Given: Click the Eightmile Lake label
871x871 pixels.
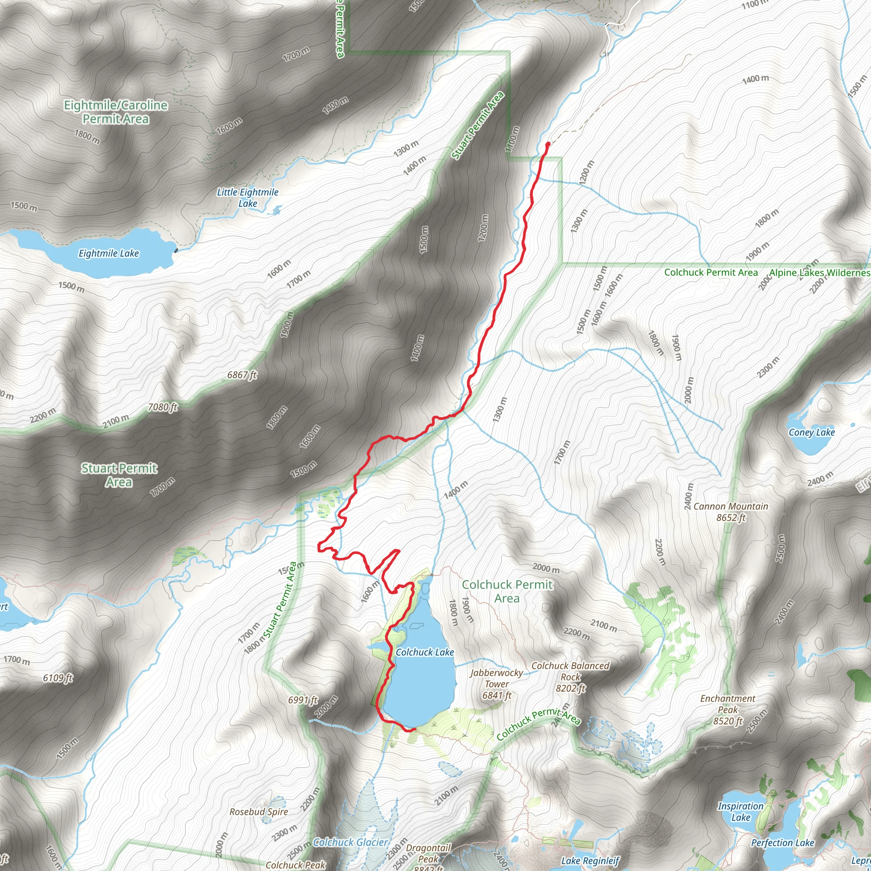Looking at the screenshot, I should (108, 253).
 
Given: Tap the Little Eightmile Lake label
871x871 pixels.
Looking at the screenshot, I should (248, 197).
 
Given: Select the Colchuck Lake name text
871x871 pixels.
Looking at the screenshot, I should (425, 652).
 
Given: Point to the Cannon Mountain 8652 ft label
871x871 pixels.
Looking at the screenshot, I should (731, 512).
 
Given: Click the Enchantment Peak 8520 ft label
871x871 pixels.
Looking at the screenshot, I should (728, 710).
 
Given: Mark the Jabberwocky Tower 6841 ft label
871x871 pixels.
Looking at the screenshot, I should (497, 684).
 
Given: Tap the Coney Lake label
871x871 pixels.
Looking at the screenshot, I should (811, 433).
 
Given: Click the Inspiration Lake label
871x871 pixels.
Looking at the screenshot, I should (741, 811).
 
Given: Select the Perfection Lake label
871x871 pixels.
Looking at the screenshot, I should (783, 843).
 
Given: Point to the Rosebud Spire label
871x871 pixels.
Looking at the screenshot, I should (259, 811).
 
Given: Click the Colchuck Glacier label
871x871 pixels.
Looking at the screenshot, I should (350, 842).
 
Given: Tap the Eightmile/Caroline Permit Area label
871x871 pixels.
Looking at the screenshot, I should (116, 112).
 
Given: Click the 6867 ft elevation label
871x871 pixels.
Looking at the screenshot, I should (242, 375).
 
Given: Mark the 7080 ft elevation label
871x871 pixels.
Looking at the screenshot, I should (163, 407).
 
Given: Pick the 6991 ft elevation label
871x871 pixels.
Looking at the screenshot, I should (303, 700).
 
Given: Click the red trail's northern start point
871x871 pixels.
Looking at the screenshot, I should (548, 144).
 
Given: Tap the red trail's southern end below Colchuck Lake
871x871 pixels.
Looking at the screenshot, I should (414, 729).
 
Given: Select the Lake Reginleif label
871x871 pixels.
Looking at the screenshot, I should (590, 861).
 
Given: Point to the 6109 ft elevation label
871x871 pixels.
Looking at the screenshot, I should (58, 677).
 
